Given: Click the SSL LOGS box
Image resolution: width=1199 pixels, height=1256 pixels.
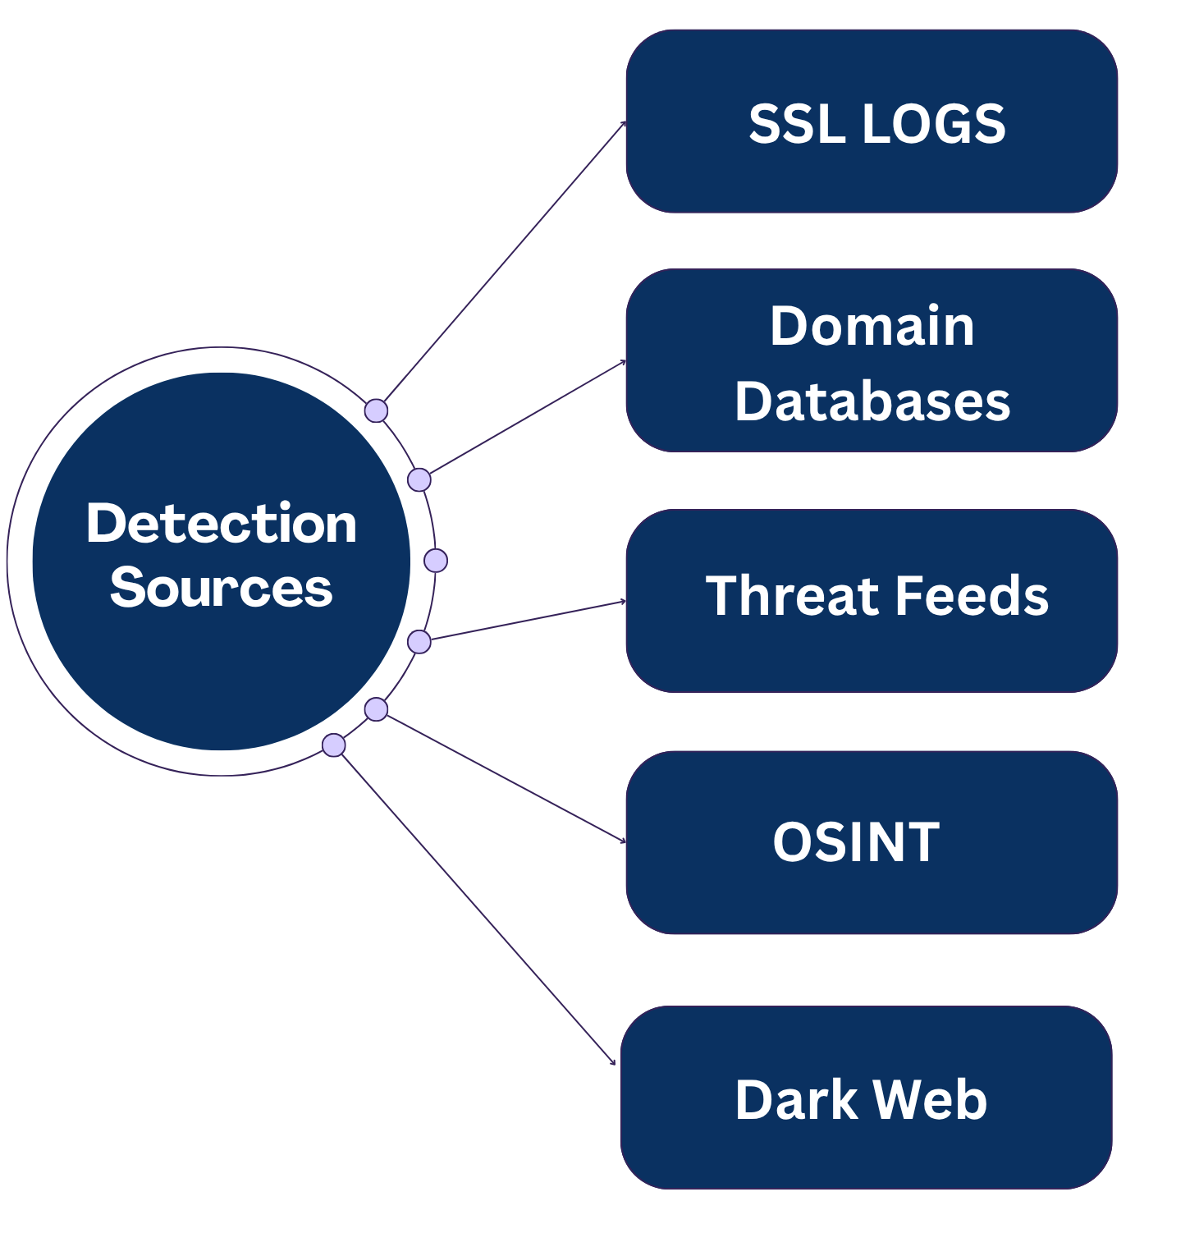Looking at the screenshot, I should pyautogui.click(x=872, y=121).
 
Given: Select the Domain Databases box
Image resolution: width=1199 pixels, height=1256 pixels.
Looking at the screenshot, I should pyautogui.click(x=872, y=361).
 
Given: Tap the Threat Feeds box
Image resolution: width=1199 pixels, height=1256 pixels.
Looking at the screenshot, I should pyautogui.click(x=872, y=601).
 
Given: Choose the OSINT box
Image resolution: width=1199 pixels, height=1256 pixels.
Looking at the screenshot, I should pyautogui.click(x=872, y=842).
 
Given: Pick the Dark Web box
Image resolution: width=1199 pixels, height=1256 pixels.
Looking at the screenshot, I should pyautogui.click(x=866, y=1098).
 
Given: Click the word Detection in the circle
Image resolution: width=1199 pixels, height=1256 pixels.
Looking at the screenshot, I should pyautogui.click(x=222, y=523).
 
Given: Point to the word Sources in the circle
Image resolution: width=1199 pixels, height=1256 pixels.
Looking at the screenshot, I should pyautogui.click(x=222, y=588).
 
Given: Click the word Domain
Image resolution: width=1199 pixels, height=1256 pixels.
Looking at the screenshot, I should pyautogui.click(x=872, y=326).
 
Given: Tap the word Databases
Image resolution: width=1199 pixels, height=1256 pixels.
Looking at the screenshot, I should pyautogui.click(x=872, y=401).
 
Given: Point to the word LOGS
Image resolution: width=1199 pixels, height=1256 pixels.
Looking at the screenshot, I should pyautogui.click(x=934, y=124).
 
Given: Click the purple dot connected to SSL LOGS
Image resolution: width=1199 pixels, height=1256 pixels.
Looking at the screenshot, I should pyautogui.click(x=376, y=410).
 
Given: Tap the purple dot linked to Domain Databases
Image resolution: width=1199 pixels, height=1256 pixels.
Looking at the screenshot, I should pyautogui.click(x=419, y=479).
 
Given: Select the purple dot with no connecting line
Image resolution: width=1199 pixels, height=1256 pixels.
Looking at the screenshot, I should pyautogui.click(x=436, y=561).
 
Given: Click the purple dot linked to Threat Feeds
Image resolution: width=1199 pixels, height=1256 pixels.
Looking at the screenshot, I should pyautogui.click(x=419, y=642).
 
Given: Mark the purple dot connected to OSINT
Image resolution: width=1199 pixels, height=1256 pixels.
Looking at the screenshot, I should pyautogui.click(x=376, y=709).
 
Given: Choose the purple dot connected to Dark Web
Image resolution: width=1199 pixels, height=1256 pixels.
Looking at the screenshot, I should pyautogui.click(x=334, y=745).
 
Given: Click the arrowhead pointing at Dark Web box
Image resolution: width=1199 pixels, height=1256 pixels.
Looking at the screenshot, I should pyautogui.click(x=613, y=1063).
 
